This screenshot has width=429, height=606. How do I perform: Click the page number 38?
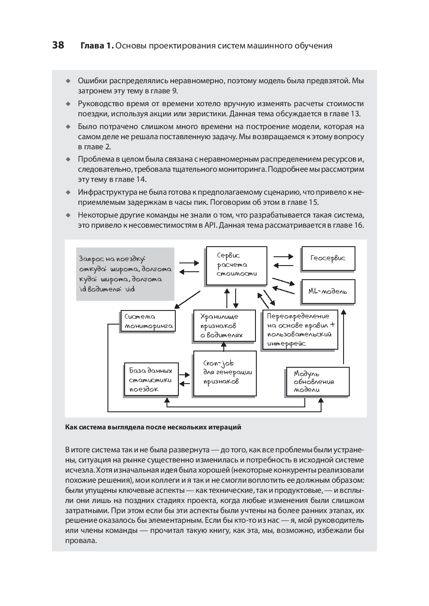[x=58, y=45]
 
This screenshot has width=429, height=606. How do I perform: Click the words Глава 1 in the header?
[x=97, y=45]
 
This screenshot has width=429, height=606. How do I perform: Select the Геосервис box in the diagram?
[x=328, y=259]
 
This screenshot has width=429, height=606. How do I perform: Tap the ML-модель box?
[x=328, y=291]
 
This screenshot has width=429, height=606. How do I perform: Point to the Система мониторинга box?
[x=148, y=321]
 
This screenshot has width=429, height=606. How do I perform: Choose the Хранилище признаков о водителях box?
[x=225, y=325]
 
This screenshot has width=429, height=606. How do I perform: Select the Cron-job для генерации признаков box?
[x=225, y=373]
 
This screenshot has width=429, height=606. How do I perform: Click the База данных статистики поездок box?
[x=151, y=380]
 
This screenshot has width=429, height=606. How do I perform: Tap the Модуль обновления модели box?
[x=317, y=381]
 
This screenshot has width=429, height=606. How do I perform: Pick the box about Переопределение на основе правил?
[x=300, y=329]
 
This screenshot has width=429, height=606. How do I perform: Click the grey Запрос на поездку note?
[x=125, y=273]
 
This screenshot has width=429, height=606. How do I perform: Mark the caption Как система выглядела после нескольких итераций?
[x=153, y=427]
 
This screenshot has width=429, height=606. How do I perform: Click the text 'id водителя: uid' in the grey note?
[x=107, y=289]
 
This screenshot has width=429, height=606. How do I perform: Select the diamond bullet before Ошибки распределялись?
[x=68, y=81]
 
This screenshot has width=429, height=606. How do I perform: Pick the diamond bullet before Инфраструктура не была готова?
[x=68, y=192]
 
